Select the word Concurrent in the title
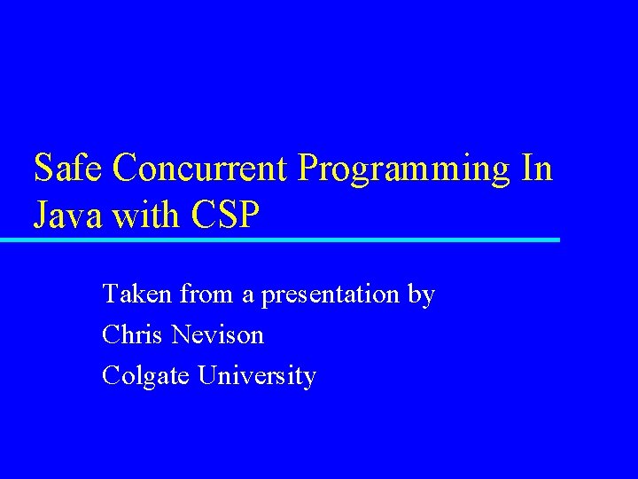pos(203,168)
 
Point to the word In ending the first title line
pos(537,168)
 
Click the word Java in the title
pos(67,216)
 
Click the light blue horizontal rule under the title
pos(280,239)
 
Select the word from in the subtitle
pos(206,294)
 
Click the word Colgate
pos(145,377)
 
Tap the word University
pos(257,377)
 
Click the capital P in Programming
pos(307,168)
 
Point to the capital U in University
pos(206,375)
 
